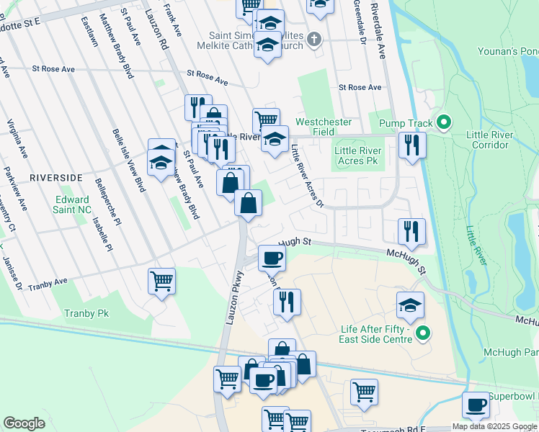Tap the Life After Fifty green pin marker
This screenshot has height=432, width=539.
point(423,333)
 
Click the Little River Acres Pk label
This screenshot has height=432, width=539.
point(356,156)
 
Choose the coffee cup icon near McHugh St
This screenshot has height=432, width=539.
point(272,257)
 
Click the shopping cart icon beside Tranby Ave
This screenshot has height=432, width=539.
point(161,281)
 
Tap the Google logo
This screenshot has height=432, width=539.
point(24,423)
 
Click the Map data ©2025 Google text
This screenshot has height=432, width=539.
point(494,426)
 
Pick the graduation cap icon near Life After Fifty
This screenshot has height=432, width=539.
point(410,305)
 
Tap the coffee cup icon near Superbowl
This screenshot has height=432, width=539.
point(476,405)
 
